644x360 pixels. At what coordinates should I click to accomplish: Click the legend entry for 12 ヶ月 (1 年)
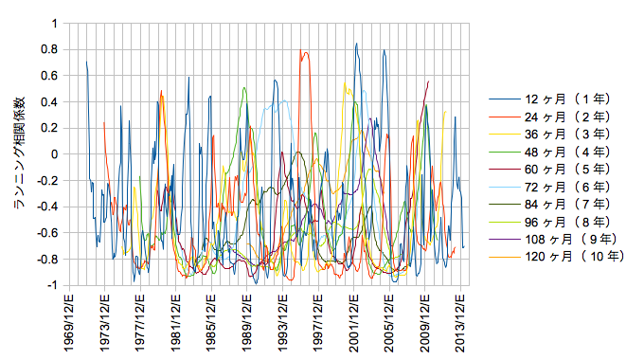click(549, 99)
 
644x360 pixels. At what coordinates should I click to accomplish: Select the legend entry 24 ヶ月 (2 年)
click(549, 117)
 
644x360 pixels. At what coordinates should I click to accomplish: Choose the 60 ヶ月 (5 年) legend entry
click(549, 169)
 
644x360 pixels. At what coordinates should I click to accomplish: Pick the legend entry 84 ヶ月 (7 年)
click(549, 204)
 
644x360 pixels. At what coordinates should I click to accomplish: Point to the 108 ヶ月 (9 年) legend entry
click(553, 239)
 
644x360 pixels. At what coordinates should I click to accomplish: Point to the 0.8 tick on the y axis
click(49, 49)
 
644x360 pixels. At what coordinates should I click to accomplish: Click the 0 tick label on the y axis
click(54, 154)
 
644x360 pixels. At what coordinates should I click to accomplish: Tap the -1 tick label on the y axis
click(52, 285)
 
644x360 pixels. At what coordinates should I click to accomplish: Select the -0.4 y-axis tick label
click(46, 207)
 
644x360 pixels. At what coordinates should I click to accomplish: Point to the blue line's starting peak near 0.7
click(87, 63)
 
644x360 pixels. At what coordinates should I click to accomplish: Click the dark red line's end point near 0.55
click(428, 81)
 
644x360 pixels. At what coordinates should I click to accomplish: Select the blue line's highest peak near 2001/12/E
click(356, 44)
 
